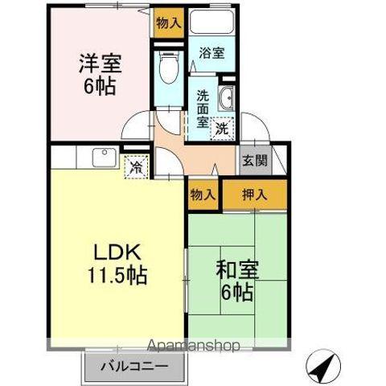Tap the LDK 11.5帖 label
[x=117, y=262]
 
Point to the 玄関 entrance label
[x=251, y=158]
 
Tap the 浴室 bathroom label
[x=211, y=53]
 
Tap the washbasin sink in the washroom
[x=226, y=99]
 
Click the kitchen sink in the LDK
[x=103, y=158]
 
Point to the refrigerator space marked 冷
[x=138, y=167]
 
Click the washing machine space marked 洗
[x=222, y=125]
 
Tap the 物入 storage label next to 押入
[x=203, y=193]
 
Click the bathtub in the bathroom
[x=211, y=23]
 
